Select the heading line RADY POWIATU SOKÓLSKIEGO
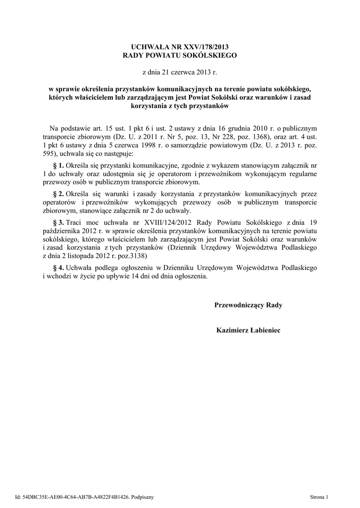pyautogui.click(x=180, y=56)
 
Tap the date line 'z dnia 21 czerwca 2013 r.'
pyautogui.click(x=180, y=72)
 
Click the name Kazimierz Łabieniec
pyautogui.click(x=248, y=329)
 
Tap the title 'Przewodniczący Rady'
pyautogui.click(x=248, y=305)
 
